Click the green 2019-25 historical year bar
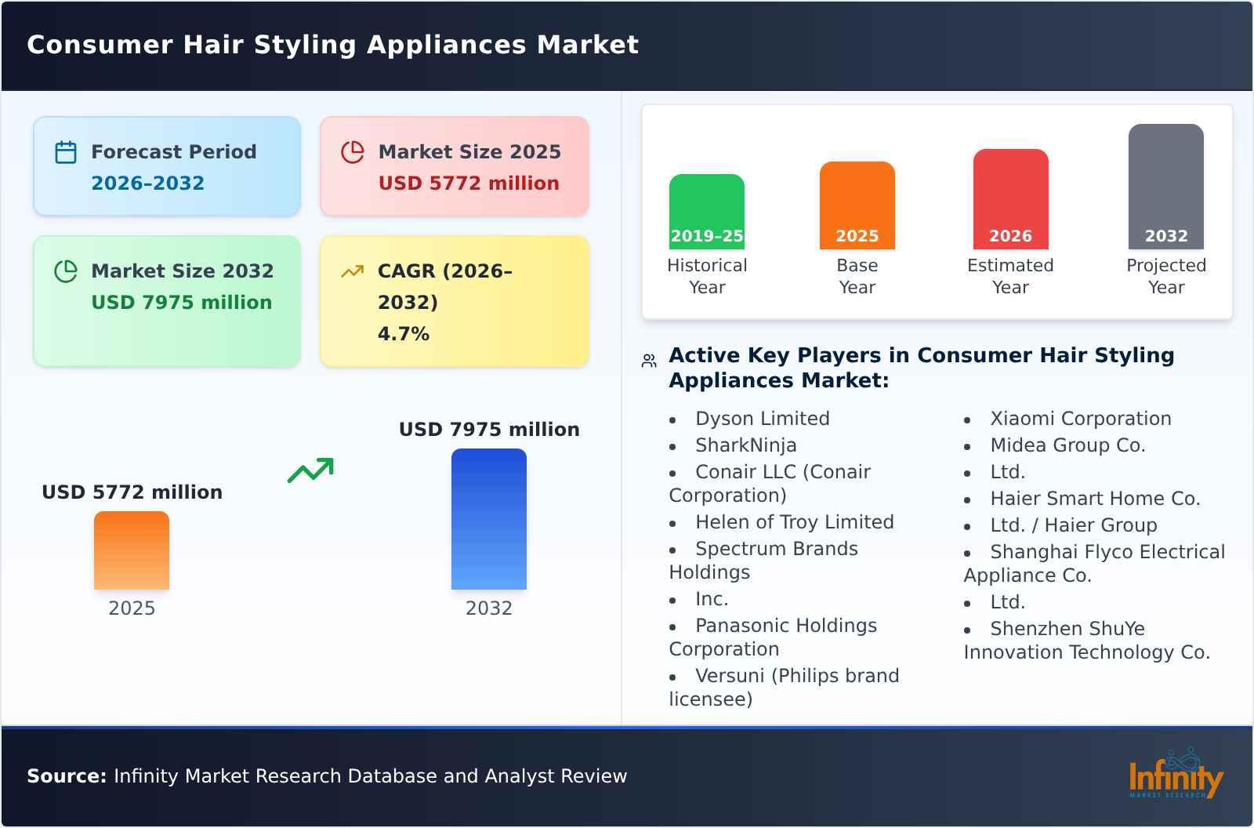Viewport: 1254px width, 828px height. pyautogui.click(x=706, y=211)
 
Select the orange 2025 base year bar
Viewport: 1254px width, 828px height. pyautogui.click(x=857, y=205)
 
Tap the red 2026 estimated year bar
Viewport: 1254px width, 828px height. pyautogui.click(x=1010, y=198)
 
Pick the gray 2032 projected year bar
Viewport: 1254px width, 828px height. pyautogui.click(x=1165, y=186)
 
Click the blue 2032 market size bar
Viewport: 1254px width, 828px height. pyautogui.click(x=488, y=518)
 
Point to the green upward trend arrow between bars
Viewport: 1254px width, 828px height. pyautogui.click(x=310, y=470)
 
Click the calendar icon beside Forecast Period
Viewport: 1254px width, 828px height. pyautogui.click(x=66, y=152)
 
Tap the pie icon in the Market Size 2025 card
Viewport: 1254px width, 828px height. pyautogui.click(x=353, y=152)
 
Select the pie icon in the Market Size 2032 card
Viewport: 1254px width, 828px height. pyautogui.click(x=66, y=271)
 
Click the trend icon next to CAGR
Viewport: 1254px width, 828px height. pyautogui.click(x=353, y=271)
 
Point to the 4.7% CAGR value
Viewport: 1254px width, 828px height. pyautogui.click(x=403, y=334)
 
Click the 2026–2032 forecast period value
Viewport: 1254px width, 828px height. pyautogui.click(x=147, y=183)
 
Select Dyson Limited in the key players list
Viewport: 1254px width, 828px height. pyautogui.click(x=762, y=419)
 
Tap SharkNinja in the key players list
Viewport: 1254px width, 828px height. pyautogui.click(x=745, y=445)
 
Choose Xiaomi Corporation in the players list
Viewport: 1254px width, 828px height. pyautogui.click(x=1080, y=419)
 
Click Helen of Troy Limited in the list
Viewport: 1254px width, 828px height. pyautogui.click(x=794, y=522)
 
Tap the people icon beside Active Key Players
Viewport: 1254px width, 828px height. pyautogui.click(x=649, y=361)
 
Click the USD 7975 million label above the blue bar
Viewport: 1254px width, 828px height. pyautogui.click(x=489, y=430)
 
